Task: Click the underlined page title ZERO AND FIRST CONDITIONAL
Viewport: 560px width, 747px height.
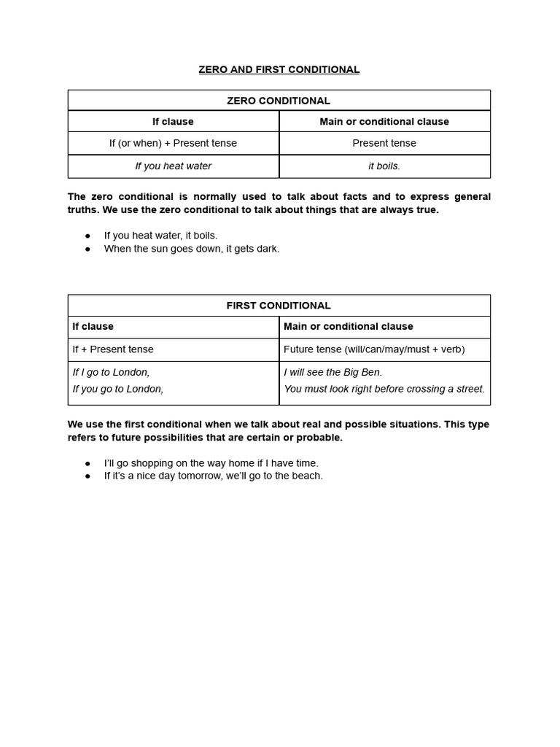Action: click(279, 69)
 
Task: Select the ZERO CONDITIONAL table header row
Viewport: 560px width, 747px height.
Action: click(279, 101)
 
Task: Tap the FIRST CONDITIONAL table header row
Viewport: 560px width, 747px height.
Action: click(279, 306)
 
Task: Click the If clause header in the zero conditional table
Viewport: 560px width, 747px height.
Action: click(173, 122)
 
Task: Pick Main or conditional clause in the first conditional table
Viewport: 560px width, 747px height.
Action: click(348, 327)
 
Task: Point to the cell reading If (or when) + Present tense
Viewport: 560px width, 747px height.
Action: click(173, 143)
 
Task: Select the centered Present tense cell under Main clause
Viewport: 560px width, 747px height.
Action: click(384, 143)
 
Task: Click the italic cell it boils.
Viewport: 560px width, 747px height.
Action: click(384, 166)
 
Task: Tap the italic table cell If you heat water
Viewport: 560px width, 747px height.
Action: click(173, 166)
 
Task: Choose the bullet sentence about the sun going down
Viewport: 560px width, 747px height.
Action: click(191, 249)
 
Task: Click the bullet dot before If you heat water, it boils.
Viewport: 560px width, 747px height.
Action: click(87, 236)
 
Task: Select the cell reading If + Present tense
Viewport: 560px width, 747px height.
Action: click(113, 349)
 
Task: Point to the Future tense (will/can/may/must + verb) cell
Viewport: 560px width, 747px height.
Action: click(373, 349)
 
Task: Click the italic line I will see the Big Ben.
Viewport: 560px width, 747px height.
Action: click(332, 372)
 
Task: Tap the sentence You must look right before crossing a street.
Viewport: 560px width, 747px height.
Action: click(384, 389)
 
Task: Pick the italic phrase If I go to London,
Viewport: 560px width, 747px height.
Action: click(111, 372)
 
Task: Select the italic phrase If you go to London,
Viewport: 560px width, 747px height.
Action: click(117, 389)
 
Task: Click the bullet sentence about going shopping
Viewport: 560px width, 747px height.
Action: click(211, 463)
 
